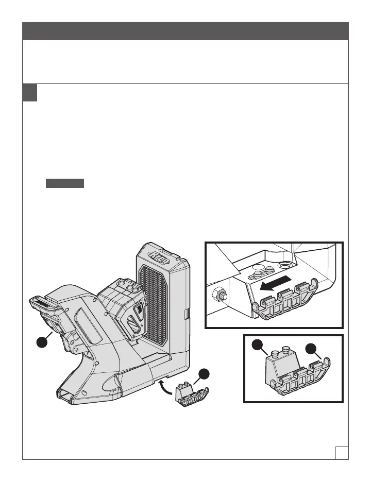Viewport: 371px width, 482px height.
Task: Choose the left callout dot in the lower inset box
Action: tap(258, 346)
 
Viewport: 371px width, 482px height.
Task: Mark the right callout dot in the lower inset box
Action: tap(311, 349)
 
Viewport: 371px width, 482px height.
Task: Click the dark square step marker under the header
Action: tap(30, 92)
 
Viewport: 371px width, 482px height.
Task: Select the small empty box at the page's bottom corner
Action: tap(341, 452)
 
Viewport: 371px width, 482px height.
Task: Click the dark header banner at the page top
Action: tap(185, 31)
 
